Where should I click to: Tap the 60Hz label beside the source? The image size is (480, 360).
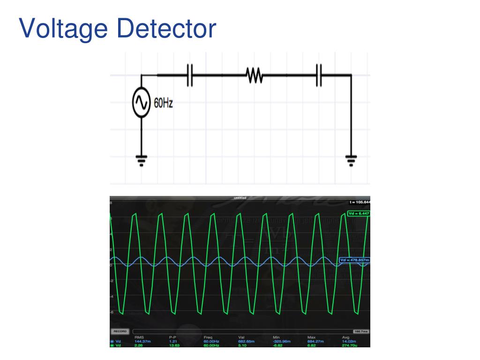click(164, 103)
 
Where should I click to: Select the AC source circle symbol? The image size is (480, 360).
click(141, 102)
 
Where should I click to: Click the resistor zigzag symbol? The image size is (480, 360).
click(254, 75)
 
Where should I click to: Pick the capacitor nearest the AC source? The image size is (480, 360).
click(190, 75)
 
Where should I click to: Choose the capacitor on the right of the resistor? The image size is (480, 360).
click(319, 75)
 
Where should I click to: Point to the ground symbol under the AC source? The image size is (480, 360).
click(141, 160)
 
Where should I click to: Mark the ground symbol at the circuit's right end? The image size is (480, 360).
click(351, 160)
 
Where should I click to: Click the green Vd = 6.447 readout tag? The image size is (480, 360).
click(359, 213)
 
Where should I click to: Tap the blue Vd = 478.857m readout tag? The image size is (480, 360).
click(354, 260)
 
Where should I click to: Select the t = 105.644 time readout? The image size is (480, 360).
click(360, 202)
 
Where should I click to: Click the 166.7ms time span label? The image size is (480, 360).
click(360, 331)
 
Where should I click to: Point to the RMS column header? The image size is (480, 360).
click(139, 337)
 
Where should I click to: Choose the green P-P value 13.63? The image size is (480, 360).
click(174, 345)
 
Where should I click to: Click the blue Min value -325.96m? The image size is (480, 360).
click(281, 342)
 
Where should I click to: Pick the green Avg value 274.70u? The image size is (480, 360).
click(349, 345)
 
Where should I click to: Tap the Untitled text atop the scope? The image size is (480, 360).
click(240, 198)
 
